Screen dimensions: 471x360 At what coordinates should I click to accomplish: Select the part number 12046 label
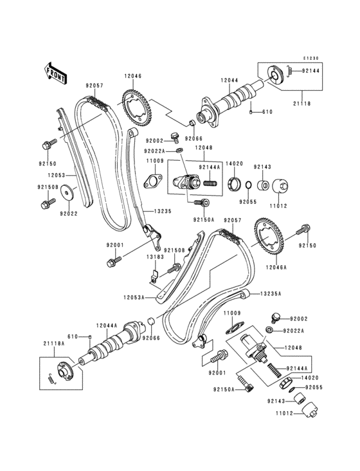tap(132, 76)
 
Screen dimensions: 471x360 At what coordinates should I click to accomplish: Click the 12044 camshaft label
tap(230, 80)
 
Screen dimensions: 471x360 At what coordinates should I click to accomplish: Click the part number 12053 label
tap(56, 174)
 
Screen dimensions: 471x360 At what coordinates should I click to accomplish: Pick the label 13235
tap(163, 210)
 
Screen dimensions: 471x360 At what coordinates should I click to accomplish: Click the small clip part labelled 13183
tap(154, 279)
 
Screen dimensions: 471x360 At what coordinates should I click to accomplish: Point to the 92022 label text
tap(69, 213)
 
